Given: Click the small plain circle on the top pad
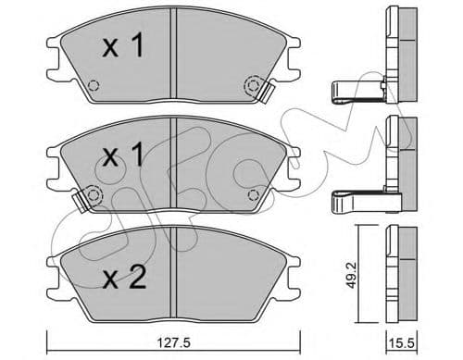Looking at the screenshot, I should point(91,88).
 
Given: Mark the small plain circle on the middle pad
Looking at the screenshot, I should point(254,194).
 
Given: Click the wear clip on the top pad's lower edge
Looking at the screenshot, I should point(267,92).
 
